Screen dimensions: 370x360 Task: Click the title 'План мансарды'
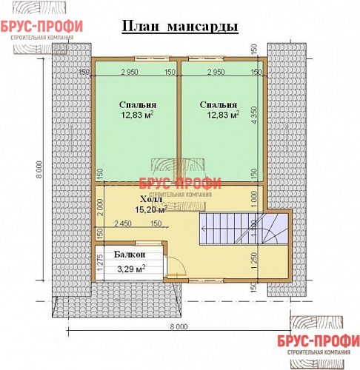click(x=179, y=27)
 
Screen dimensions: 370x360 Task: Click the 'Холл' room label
click(x=150, y=199)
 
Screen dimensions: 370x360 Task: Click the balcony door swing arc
click(x=176, y=267)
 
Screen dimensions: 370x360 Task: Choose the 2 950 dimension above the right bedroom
click(x=216, y=72)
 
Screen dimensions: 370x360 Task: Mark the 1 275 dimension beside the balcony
click(x=99, y=264)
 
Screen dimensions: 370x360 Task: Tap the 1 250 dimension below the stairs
click(x=254, y=260)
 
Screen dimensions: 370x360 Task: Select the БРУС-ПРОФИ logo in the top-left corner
click(x=41, y=28)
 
